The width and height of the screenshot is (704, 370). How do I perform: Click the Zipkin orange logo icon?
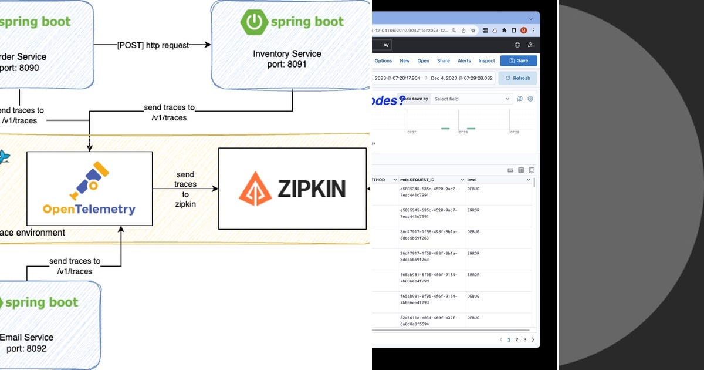click(x=255, y=188)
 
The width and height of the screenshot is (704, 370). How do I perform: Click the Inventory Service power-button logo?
click(x=253, y=22)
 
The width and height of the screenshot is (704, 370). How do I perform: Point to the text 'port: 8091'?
click(x=287, y=64)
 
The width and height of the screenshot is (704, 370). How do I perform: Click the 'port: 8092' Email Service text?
click(x=26, y=348)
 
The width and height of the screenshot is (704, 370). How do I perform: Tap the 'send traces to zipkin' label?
click(x=185, y=189)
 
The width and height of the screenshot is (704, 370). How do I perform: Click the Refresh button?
click(x=517, y=78)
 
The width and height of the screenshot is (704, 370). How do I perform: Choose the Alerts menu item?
click(x=464, y=60)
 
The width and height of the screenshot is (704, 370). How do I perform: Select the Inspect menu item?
click(x=486, y=60)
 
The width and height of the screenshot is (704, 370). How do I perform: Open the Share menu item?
click(x=444, y=60)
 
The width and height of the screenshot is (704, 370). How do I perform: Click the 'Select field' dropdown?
click(x=472, y=99)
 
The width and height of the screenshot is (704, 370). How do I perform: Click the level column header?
click(x=472, y=180)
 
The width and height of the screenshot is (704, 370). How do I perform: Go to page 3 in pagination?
click(x=524, y=339)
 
